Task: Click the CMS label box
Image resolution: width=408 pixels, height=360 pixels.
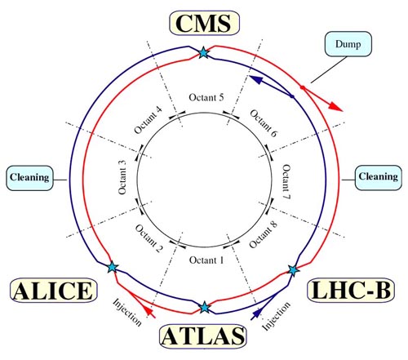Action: coord(205,23)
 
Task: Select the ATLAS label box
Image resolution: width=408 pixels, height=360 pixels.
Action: coord(203,336)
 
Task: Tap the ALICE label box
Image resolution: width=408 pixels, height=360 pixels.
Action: coord(54,290)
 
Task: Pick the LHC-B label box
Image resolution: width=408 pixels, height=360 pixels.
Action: coord(351,290)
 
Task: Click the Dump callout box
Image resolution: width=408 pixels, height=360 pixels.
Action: coord(348,44)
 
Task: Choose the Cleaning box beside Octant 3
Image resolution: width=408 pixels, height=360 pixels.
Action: coord(29,178)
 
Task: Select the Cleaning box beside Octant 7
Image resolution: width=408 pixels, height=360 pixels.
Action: coord(379,177)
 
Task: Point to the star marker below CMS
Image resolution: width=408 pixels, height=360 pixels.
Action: coord(203,52)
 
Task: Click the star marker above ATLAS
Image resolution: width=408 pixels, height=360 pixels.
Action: coord(204,308)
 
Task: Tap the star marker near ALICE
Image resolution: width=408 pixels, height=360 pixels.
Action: coord(112,267)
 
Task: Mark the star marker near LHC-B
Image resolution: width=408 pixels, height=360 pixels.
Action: coord(293,270)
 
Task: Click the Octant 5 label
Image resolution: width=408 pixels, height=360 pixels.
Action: coord(206,97)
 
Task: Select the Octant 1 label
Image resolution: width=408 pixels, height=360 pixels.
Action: coord(206,260)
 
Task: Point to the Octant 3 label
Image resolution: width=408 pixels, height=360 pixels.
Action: coord(122,177)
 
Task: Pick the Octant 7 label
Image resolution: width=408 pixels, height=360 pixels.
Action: coord(286,181)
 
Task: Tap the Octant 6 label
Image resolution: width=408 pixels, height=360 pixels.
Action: coord(264,123)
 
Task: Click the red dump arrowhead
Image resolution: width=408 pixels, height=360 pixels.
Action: coord(336,107)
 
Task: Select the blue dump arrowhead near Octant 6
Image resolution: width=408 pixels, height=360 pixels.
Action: coord(256,79)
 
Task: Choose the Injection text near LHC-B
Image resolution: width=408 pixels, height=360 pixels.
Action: coord(276,316)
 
